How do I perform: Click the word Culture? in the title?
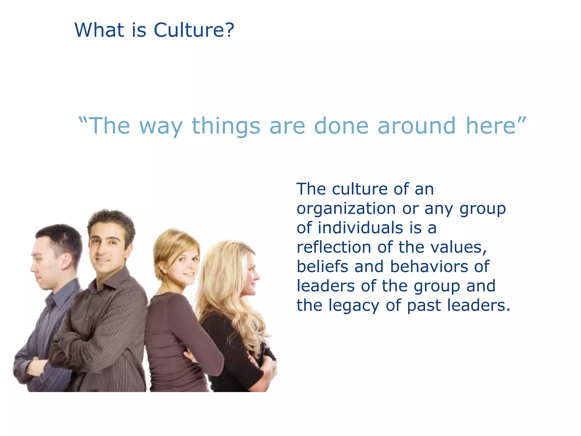click(194, 30)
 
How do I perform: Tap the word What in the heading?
click(99, 30)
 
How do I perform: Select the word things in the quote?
click(226, 126)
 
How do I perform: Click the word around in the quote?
click(416, 126)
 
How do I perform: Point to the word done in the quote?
click(341, 126)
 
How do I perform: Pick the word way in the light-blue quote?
click(161, 126)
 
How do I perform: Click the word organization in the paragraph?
click(346, 209)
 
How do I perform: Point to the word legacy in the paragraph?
click(354, 306)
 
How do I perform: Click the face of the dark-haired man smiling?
click(106, 250)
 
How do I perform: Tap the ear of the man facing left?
click(66, 262)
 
